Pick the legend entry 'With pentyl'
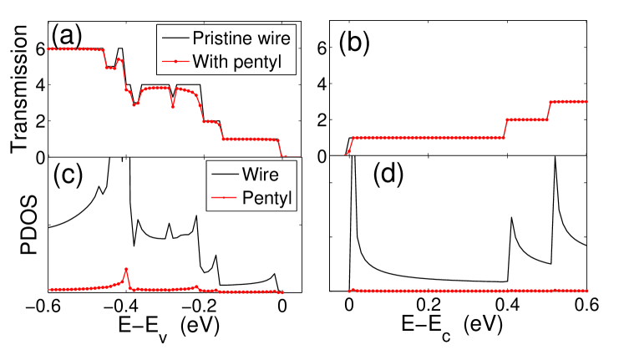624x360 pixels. click(241, 61)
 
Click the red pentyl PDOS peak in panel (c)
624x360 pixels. click(126, 270)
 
